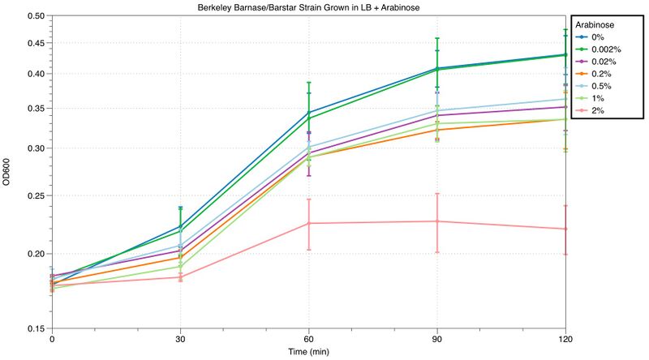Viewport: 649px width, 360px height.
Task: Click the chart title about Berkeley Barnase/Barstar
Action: (x=309, y=7)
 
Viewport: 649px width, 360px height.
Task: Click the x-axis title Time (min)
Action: (x=309, y=352)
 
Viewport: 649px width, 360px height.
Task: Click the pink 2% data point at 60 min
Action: (x=309, y=223)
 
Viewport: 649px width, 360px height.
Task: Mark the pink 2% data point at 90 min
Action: (x=437, y=221)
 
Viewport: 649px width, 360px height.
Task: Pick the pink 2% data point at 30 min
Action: (x=180, y=277)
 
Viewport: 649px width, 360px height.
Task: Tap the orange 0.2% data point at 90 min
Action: (x=437, y=130)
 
